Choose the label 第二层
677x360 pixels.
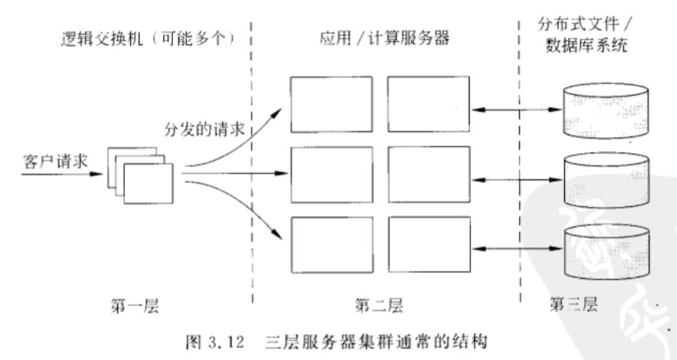377,307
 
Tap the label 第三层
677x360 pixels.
574,306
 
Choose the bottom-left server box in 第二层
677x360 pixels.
329,244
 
